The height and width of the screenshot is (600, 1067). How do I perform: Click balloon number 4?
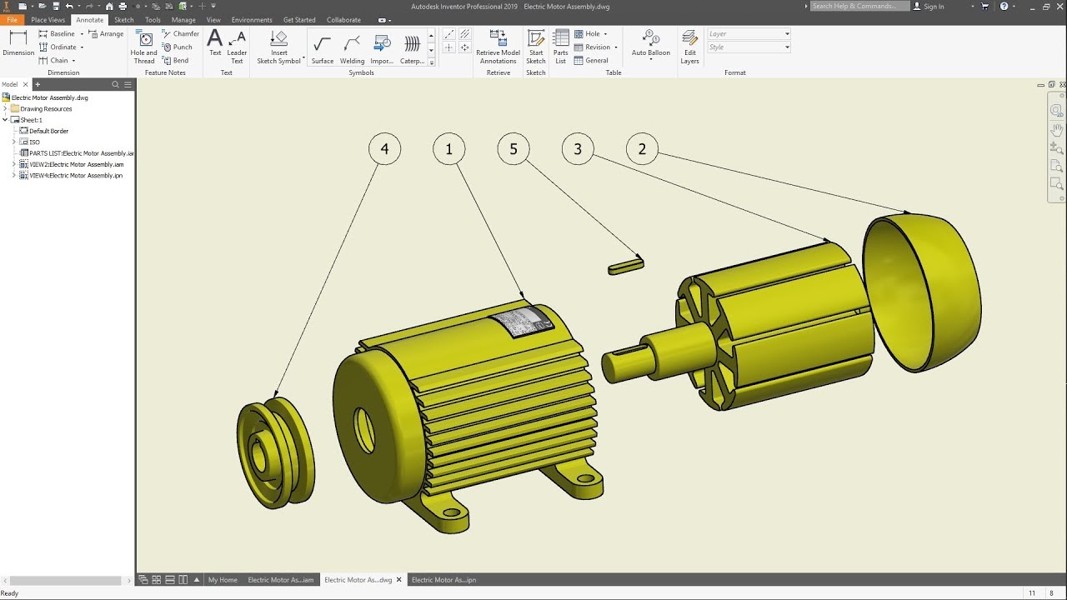click(x=384, y=149)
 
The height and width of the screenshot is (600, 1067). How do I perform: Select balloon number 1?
click(x=448, y=149)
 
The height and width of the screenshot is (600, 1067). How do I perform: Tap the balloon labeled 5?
click(x=513, y=149)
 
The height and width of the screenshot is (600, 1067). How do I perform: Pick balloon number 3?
click(x=578, y=149)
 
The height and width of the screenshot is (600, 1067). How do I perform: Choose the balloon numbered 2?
click(x=642, y=149)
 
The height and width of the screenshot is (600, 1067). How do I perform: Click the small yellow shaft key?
click(x=625, y=266)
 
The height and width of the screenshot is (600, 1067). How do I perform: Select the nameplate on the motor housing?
click(x=520, y=322)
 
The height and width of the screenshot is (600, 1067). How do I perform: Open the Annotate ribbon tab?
click(x=89, y=20)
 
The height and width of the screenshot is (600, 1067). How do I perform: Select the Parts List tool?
click(x=561, y=47)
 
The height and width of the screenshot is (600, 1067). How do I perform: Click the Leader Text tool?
click(x=237, y=47)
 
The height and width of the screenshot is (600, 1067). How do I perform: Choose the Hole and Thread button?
click(x=144, y=47)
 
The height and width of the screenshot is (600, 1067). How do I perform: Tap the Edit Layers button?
click(x=689, y=47)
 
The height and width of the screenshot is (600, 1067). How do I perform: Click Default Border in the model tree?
click(x=48, y=131)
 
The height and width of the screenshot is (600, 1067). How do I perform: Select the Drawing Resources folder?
click(x=46, y=108)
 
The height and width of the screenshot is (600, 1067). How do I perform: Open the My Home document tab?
click(x=223, y=580)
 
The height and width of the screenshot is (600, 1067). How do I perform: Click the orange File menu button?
click(x=12, y=20)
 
